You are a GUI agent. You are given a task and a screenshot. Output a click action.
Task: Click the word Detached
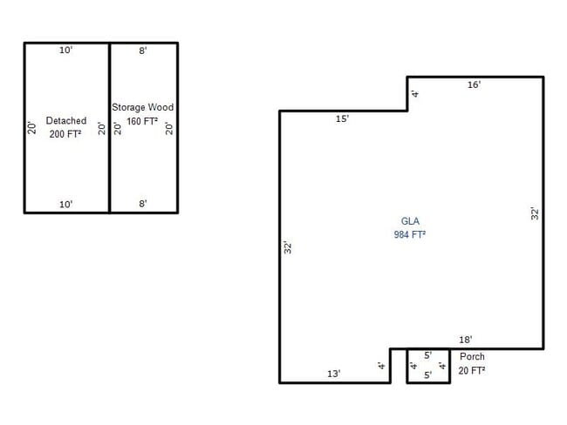(x=66, y=121)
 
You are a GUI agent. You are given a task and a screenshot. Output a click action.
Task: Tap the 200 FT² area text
(x=66, y=134)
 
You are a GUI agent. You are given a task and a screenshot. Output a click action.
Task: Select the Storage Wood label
(x=142, y=107)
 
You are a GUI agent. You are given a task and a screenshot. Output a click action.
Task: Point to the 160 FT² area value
(x=142, y=121)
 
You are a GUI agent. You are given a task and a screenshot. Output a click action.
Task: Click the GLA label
(x=410, y=221)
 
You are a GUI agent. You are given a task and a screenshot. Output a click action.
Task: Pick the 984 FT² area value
(x=410, y=235)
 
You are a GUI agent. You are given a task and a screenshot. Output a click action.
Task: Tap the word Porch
(x=472, y=356)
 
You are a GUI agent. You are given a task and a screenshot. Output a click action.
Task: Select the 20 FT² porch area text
(x=472, y=370)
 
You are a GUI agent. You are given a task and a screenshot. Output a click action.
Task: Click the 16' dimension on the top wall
(x=474, y=84)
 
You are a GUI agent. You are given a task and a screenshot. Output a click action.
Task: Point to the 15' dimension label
(x=343, y=118)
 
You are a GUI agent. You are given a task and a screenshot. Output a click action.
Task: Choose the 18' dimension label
(x=466, y=340)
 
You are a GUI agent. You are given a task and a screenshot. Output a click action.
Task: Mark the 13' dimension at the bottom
(x=334, y=374)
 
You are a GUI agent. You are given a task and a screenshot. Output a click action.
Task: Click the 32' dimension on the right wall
(x=536, y=212)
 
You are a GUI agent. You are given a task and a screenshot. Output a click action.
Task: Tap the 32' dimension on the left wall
(x=287, y=247)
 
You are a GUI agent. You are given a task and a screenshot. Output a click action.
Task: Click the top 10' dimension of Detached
(x=66, y=51)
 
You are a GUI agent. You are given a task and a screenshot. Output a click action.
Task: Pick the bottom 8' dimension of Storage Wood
(x=143, y=204)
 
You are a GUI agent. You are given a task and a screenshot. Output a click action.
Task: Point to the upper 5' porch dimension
(x=427, y=355)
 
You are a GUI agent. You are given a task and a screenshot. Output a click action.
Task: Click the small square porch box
(x=427, y=366)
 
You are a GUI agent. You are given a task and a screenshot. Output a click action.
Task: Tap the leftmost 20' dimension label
(x=31, y=127)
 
